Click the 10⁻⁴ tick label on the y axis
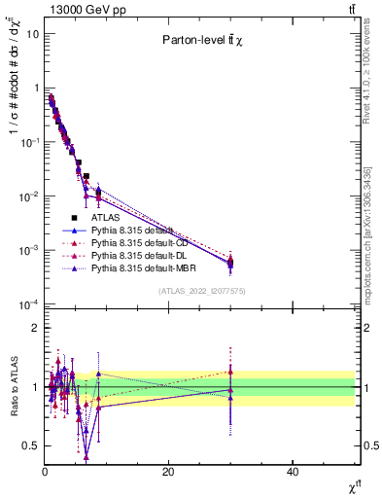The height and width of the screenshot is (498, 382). pyautogui.click(x=29, y=304)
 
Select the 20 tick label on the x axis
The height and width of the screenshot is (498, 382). pyautogui.click(x=168, y=471)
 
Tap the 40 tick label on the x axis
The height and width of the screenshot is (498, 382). pyautogui.click(x=293, y=471)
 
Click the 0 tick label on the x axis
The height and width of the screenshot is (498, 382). pyautogui.click(x=45, y=471)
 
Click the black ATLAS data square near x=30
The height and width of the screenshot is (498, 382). pyautogui.click(x=230, y=264)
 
